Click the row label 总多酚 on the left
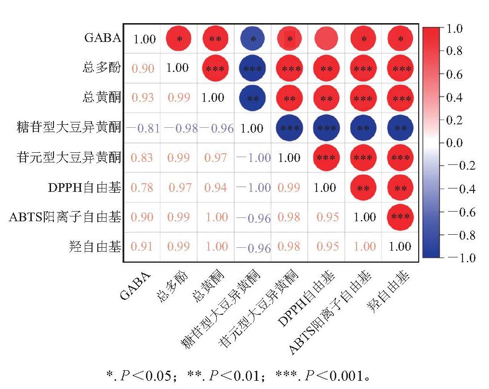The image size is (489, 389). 102,67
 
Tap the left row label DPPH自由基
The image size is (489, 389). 84,188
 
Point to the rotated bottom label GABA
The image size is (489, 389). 135,286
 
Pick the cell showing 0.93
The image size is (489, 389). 143,98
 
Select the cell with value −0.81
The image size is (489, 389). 143,128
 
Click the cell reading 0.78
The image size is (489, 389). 142,188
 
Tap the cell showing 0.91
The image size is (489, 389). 142,246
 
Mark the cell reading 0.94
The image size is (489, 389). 215,188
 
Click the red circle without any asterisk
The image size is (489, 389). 326,39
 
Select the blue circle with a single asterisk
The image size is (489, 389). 252,39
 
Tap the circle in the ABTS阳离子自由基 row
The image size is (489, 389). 400,217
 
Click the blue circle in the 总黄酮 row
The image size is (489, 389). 252,98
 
